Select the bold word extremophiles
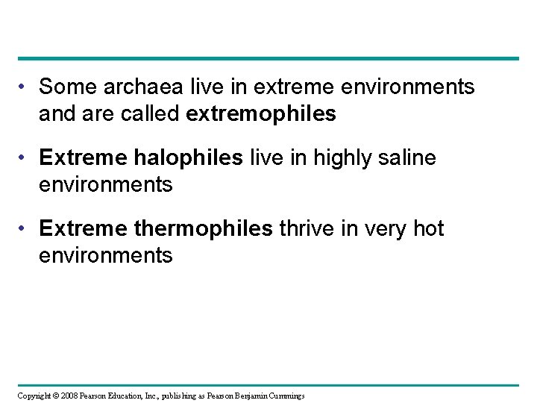[273, 114]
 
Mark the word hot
[427, 229]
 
